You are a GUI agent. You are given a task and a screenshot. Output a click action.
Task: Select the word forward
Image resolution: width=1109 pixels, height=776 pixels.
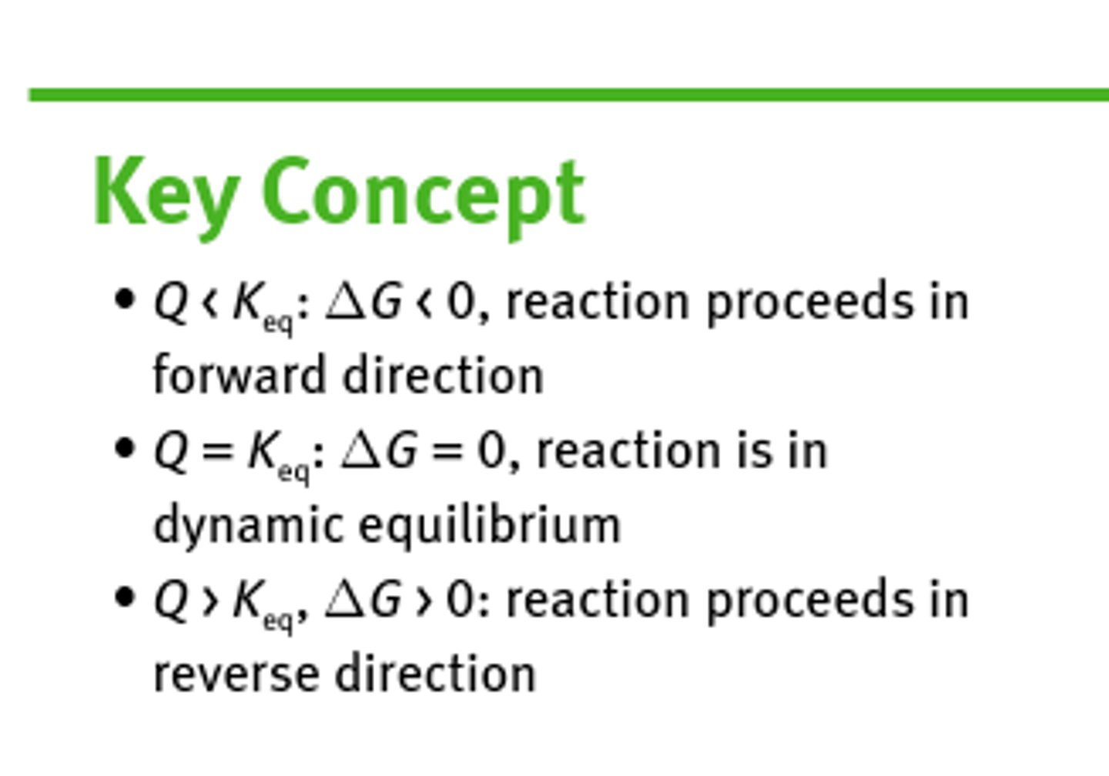[240, 375]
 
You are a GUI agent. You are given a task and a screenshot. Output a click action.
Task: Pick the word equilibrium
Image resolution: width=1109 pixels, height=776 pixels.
[490, 526]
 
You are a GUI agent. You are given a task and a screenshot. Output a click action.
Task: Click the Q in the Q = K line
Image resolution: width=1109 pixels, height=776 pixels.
[171, 451]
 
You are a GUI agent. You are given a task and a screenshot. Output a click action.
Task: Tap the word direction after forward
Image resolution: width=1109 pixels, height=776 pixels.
[444, 375]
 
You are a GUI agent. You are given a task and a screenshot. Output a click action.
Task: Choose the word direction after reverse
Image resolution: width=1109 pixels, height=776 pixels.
[435, 674]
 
